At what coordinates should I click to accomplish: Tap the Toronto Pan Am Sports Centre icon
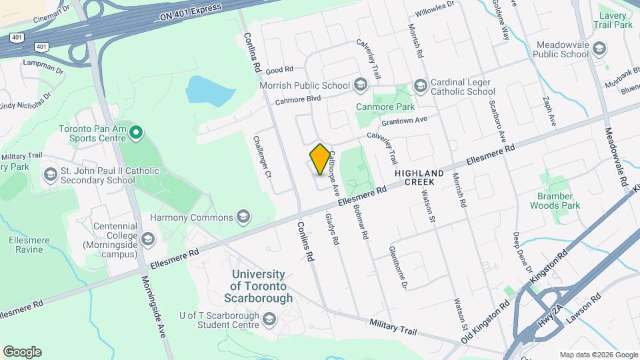tap(136, 133)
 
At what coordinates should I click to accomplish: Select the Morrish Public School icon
tap(361, 85)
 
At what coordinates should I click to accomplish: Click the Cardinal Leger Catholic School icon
tap(420, 85)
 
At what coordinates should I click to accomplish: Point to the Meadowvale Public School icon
tap(599, 48)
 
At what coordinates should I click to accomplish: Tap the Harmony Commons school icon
tap(243, 217)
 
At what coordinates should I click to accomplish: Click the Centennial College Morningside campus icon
tap(147, 239)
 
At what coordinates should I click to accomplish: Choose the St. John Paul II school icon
tap(50, 175)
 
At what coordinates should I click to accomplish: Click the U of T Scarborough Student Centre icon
tap(268, 320)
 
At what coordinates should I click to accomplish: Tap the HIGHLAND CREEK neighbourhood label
tap(419, 177)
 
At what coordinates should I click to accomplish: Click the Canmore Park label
tap(385, 107)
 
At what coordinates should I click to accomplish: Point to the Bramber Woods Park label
tap(551, 201)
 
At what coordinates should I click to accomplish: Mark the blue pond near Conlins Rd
tap(209, 90)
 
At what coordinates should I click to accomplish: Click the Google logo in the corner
tap(22, 352)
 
